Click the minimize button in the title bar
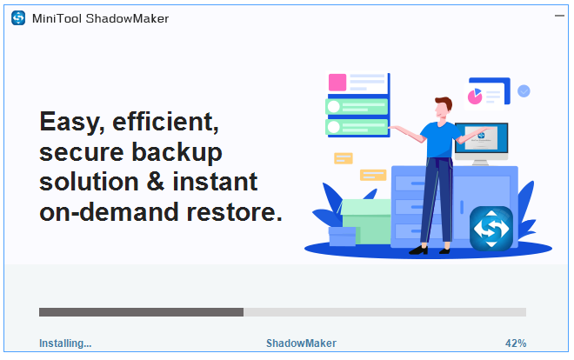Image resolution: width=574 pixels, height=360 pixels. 559,16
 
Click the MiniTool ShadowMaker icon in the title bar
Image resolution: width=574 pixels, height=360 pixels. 18,18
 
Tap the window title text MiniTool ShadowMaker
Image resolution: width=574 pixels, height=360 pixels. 100,18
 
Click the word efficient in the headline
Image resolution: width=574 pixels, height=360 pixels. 165,122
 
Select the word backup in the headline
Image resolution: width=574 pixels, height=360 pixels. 177,152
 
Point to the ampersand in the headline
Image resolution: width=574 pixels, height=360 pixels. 156,182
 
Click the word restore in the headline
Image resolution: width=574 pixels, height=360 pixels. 234,212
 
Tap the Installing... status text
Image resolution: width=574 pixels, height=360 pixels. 65,343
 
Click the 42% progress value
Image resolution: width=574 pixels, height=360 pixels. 516,343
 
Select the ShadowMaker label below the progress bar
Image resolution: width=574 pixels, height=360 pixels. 301,343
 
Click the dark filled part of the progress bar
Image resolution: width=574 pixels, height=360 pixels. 141,312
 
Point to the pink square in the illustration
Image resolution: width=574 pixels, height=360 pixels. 337,83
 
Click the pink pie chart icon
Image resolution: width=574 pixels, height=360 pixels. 475,97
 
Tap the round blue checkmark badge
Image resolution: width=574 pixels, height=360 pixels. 524,91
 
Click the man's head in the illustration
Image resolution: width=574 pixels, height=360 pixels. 444,108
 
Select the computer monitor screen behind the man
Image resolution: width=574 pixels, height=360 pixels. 482,138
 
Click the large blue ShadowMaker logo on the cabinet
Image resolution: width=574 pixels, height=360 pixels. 491,229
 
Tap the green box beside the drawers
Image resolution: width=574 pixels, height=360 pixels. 366,222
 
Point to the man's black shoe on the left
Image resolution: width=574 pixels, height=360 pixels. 418,250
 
